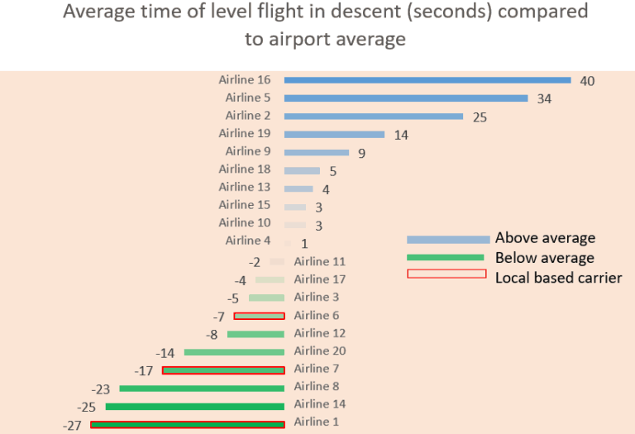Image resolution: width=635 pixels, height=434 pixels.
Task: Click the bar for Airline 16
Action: pyautogui.click(x=427, y=80)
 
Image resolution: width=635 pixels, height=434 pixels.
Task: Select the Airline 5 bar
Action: pyautogui.click(x=405, y=98)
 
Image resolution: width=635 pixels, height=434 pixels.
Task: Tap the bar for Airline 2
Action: pyautogui.click(x=373, y=116)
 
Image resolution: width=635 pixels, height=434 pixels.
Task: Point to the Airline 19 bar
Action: pyautogui.click(x=334, y=134)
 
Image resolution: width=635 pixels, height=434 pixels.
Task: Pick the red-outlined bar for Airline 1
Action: pyautogui.click(x=187, y=424)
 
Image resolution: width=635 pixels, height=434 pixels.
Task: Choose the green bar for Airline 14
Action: pyautogui.click(x=194, y=406)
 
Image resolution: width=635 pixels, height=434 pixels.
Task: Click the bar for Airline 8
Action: pyautogui.click(x=202, y=388)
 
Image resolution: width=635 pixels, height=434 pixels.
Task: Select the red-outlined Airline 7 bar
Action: pyautogui.click(x=223, y=370)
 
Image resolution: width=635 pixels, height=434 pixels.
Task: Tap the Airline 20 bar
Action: pyautogui.click(x=234, y=352)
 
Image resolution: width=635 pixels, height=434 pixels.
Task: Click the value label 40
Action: pyautogui.click(x=587, y=81)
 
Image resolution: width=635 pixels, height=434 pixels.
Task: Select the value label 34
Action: pyautogui.click(x=543, y=99)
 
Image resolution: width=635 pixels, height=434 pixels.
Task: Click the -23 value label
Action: pyautogui.click(x=101, y=389)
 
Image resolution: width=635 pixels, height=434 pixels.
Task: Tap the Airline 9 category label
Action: pyautogui.click(x=248, y=151)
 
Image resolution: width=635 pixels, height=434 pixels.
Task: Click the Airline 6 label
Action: pyautogui.click(x=317, y=315)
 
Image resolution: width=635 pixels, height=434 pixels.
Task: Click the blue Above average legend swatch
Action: pyautogui.click(x=447, y=239)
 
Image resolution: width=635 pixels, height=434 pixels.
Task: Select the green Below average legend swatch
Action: pyautogui.click(x=445, y=257)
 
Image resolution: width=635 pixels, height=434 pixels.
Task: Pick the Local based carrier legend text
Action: pyautogui.click(x=558, y=277)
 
